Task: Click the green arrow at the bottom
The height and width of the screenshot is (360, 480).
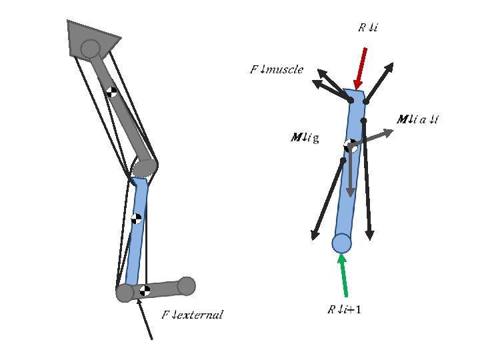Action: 344,276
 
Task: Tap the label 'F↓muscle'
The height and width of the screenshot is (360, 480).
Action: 277,69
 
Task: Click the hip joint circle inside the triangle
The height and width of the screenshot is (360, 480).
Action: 90,48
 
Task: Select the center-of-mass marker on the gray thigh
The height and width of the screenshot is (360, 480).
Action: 112,92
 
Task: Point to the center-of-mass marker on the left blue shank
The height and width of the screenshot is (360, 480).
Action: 136,218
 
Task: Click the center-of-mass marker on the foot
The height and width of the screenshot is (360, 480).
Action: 145,291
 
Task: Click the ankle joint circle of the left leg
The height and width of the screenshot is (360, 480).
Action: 125,293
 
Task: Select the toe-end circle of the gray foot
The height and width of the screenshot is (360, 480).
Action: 187,285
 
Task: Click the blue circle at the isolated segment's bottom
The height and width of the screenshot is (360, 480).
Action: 341,243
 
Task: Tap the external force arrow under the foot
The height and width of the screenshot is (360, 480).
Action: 146,320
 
